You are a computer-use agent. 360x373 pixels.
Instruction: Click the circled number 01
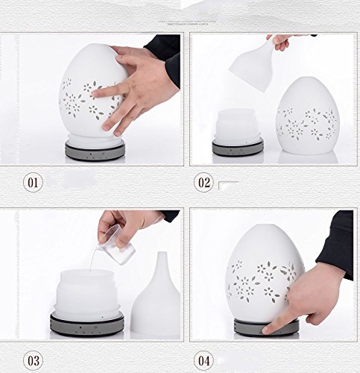click(x=33, y=183)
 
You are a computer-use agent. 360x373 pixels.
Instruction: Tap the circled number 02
click(x=204, y=183)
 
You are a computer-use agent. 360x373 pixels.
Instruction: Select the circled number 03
click(x=33, y=360)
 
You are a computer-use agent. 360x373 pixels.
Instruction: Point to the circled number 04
click(x=204, y=360)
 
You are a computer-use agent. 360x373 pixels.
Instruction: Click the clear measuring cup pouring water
click(x=116, y=245)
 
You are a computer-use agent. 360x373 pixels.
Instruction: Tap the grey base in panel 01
click(x=95, y=151)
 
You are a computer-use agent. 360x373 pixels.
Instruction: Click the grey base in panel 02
click(x=238, y=148)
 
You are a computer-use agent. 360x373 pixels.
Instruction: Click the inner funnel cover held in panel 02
click(x=251, y=65)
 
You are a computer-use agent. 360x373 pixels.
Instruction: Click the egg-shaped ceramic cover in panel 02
click(x=308, y=116)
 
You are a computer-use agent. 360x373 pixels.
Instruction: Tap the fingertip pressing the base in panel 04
click(x=266, y=330)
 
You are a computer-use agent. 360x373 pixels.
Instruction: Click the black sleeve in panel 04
click(x=335, y=245)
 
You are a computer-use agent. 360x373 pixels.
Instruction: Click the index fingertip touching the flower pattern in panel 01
click(x=95, y=94)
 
